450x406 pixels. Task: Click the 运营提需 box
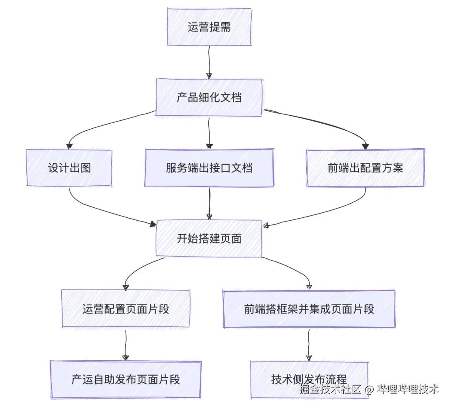click(x=209, y=27)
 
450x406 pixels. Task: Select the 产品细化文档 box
click(x=209, y=98)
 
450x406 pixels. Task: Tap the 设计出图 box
click(x=69, y=168)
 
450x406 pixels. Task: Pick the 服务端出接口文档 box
click(x=209, y=168)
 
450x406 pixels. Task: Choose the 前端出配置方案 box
click(x=365, y=168)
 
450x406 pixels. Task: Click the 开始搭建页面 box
click(x=209, y=239)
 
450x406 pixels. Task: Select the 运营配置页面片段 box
click(x=125, y=309)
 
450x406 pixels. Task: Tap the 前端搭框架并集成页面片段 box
click(x=309, y=309)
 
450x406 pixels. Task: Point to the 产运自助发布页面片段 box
click(x=125, y=379)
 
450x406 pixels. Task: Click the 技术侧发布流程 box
click(x=309, y=379)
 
